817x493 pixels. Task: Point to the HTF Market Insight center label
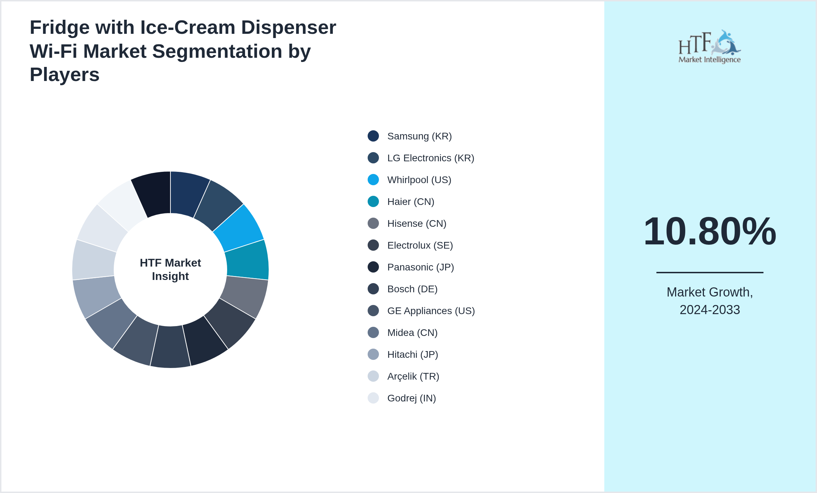tap(170, 269)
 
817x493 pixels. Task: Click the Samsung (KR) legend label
tap(419, 136)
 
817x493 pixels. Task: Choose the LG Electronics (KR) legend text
tap(430, 158)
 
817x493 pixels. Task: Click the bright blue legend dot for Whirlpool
tap(373, 180)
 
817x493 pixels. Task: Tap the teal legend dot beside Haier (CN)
tap(373, 201)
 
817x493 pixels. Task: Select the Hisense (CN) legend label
tap(417, 224)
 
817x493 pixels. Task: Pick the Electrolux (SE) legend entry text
tap(420, 245)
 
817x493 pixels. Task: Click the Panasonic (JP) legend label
tap(420, 267)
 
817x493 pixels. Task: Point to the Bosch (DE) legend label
tap(412, 289)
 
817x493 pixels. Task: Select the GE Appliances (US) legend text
tap(431, 311)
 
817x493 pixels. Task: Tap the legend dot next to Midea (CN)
tap(373, 332)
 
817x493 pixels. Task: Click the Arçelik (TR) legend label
tap(413, 376)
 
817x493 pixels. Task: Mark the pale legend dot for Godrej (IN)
tap(373, 398)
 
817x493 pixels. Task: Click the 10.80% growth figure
tap(710, 231)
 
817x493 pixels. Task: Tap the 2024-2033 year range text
tap(710, 310)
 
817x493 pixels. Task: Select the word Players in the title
tap(64, 75)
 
